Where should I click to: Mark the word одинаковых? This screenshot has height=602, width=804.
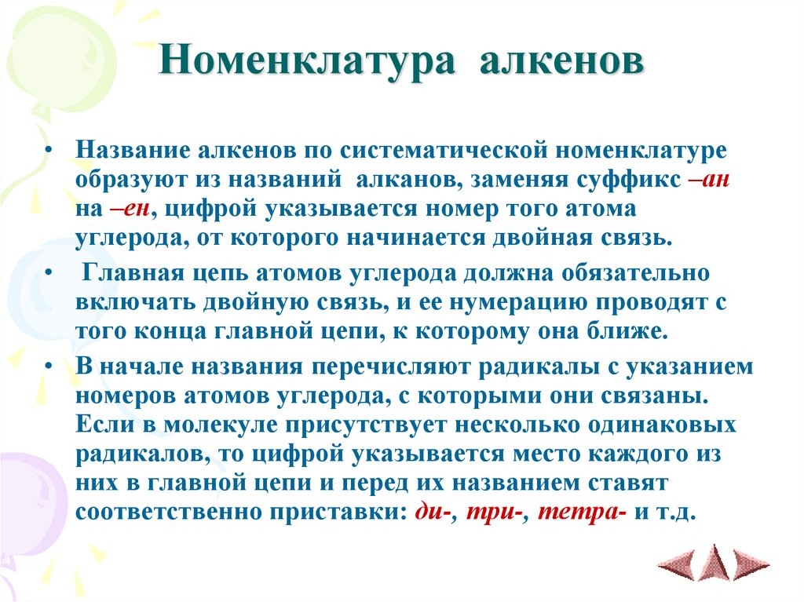click(655, 425)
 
